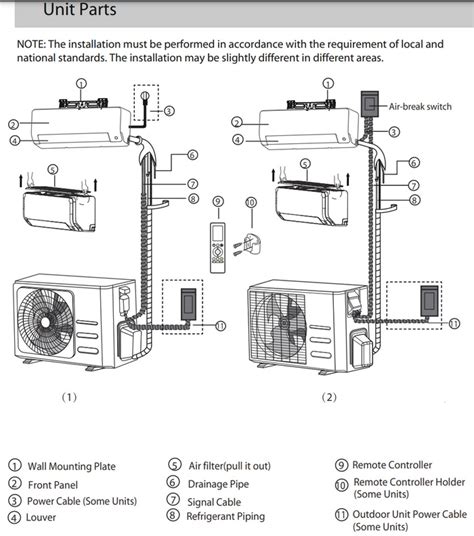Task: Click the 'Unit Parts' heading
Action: tap(80, 9)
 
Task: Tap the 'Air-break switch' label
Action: tap(420, 107)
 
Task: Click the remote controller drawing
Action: tap(218, 247)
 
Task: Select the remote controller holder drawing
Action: tap(249, 244)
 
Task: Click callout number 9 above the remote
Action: tap(218, 201)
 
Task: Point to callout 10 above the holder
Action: tap(251, 202)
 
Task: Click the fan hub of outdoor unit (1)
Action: tap(46, 323)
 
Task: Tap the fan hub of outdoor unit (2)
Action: tap(283, 323)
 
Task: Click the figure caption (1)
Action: tap(69, 397)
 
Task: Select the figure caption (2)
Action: tap(329, 397)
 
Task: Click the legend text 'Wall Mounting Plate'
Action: tap(72, 466)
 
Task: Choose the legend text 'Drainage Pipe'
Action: tap(218, 484)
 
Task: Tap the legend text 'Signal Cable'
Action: tap(214, 502)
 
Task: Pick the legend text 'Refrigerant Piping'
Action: tap(226, 517)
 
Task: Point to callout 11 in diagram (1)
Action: tap(221, 326)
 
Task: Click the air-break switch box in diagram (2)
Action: tap(370, 103)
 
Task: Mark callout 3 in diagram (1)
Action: tap(169, 111)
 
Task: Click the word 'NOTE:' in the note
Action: tap(31, 44)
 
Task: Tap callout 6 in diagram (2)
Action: tap(414, 163)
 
